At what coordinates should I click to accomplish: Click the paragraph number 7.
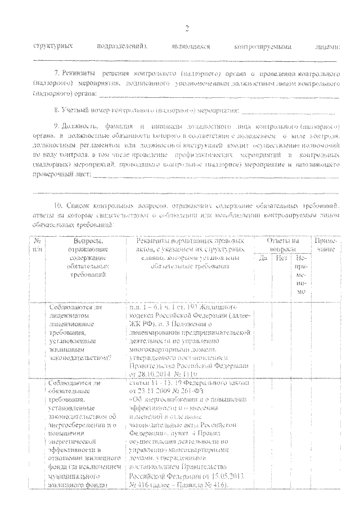tap(56, 74)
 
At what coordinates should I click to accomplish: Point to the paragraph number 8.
tap(55, 106)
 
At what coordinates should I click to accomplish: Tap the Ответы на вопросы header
tap(282, 245)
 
